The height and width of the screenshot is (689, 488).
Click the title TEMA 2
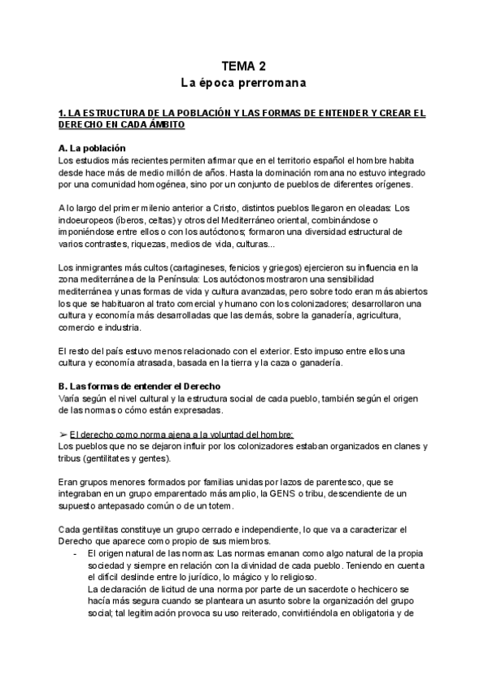pyautogui.click(x=243, y=66)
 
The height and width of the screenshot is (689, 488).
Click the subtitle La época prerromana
pyautogui.click(x=243, y=83)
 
